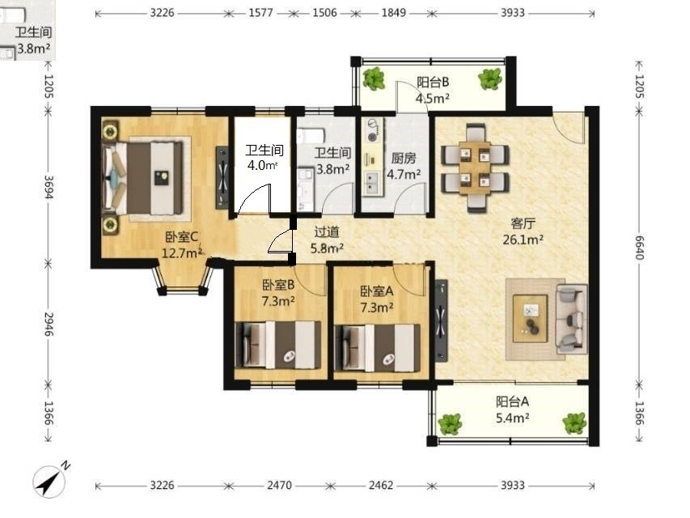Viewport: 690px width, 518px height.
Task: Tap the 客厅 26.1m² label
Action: coord(523,231)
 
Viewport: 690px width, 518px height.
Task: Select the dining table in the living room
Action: coord(475,168)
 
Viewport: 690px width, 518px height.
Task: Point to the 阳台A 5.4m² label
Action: coord(512,410)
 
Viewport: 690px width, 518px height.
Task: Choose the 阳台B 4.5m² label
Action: coord(433,90)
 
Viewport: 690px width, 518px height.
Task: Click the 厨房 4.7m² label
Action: coord(404,166)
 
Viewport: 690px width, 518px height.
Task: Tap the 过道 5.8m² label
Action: coord(327,240)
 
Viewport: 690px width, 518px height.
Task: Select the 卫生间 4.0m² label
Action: coord(264,158)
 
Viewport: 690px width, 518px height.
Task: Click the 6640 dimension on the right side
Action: coord(639,248)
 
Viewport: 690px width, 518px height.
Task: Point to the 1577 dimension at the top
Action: coord(261,12)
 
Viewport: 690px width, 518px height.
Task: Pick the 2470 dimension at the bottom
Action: coord(279,485)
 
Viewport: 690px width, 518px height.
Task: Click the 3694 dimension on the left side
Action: coord(49,187)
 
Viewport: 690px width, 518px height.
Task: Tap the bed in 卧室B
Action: coord(278,345)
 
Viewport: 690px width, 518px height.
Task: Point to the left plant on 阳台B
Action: coord(374,79)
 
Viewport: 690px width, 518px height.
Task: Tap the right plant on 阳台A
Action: coord(574,423)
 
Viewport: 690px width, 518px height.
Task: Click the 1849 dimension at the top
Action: coord(393,12)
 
